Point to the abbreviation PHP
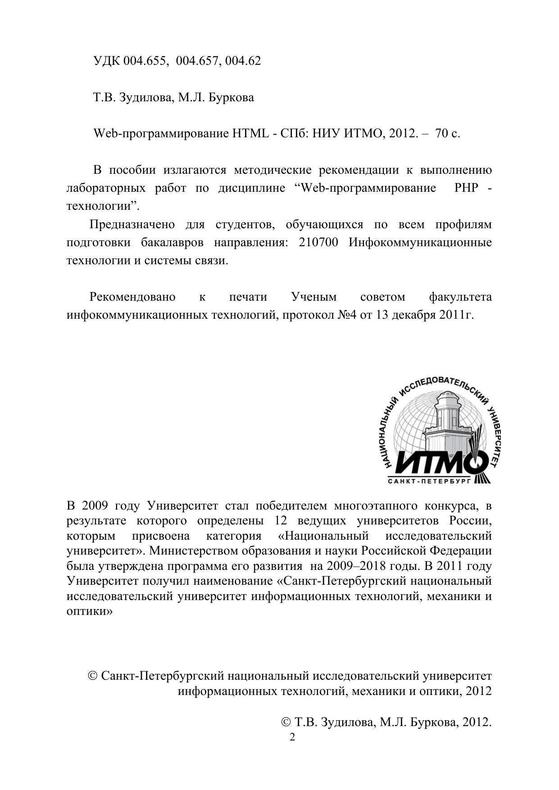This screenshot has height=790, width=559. pos(466,188)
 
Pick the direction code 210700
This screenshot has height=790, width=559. pos(318,243)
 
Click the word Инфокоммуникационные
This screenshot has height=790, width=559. pos(420,243)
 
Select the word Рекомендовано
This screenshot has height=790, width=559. pos(132,297)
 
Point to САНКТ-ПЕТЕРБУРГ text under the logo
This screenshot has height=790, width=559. pos(429,481)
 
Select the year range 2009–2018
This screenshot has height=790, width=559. pos(356,566)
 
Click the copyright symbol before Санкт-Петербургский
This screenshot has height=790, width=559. pos(93,676)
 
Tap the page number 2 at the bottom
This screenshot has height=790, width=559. pos(292,738)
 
